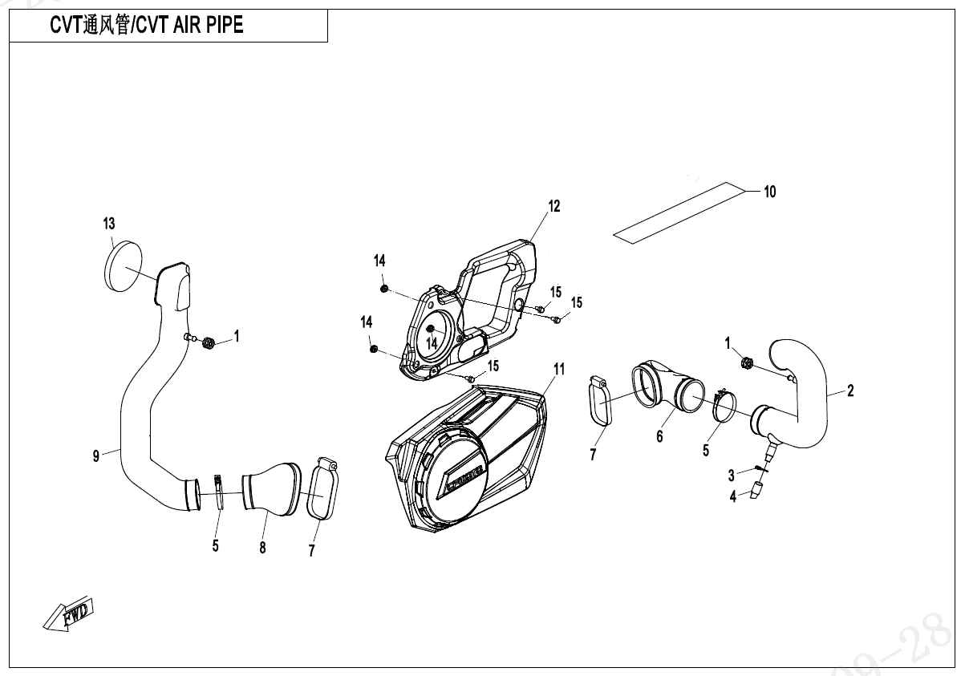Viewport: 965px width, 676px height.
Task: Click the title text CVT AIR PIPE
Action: coord(147,26)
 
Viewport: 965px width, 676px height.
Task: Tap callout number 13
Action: coord(109,223)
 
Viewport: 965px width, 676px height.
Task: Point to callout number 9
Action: coord(96,455)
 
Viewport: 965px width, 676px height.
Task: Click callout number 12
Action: coord(553,206)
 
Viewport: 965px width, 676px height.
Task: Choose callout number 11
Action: coord(559,369)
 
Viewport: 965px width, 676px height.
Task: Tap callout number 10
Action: coord(769,192)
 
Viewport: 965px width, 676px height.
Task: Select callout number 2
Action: coord(850,391)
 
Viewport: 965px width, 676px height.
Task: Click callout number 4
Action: coord(732,497)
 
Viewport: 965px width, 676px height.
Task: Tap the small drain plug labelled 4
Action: coord(756,491)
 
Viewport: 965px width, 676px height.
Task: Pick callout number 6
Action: coord(659,436)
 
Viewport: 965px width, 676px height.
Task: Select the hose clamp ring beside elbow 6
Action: coord(724,407)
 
